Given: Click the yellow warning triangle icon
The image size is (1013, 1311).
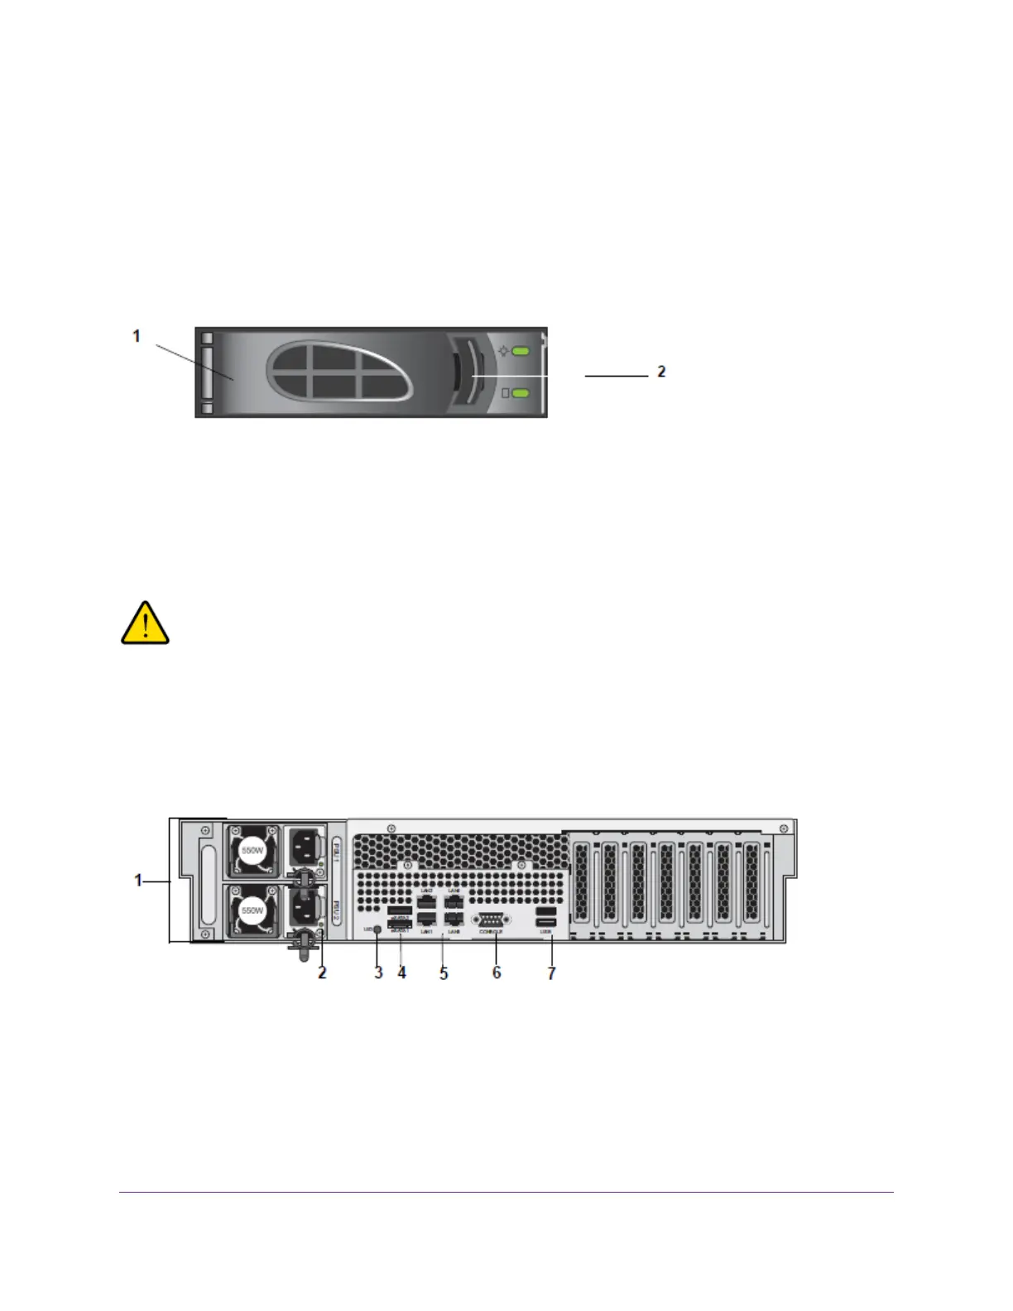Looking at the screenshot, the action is click(x=146, y=623).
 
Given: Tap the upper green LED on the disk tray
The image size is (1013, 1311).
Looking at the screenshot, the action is click(x=521, y=352).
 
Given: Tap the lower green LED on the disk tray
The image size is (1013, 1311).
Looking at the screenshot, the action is click(x=521, y=392).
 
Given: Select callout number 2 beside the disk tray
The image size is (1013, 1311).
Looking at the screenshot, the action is click(x=661, y=372).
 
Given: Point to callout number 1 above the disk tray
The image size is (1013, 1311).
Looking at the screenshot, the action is click(x=137, y=336).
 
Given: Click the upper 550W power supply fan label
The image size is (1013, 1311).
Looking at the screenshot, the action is click(x=252, y=850).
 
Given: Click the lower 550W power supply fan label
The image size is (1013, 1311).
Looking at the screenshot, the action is click(x=252, y=910).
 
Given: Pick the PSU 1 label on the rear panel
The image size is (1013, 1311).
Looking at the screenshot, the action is click(x=336, y=851).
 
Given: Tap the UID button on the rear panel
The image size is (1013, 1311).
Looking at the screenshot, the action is click(x=378, y=929).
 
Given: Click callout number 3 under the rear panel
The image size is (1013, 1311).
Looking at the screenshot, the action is click(x=378, y=972).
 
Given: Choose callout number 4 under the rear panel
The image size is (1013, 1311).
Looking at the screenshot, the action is click(x=402, y=972).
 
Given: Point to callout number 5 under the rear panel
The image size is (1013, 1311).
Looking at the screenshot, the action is click(x=444, y=973).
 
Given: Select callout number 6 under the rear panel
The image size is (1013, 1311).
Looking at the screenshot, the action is click(x=497, y=972).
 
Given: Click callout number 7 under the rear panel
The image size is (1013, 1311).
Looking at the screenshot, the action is click(x=552, y=973).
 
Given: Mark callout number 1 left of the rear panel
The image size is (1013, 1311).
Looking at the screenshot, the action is click(x=139, y=881).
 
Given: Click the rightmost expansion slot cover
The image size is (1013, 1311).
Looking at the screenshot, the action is click(x=751, y=882).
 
